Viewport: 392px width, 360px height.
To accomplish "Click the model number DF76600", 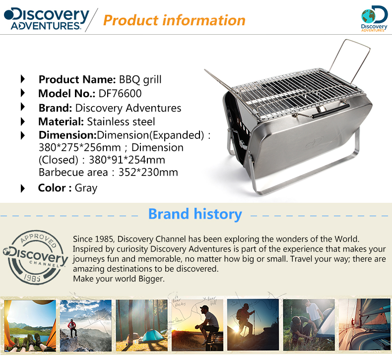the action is [x=120, y=94].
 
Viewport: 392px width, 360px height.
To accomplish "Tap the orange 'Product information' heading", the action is [x=174, y=20].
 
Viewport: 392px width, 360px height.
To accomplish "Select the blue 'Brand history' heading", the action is [x=195, y=214].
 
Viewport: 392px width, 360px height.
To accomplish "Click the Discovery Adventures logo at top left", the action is [x=47, y=19].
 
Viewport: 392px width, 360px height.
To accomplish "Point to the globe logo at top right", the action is [x=374, y=19].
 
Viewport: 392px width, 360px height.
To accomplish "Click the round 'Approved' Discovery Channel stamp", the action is [x=35, y=257].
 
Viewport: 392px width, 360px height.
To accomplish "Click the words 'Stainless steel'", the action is [x=121, y=122].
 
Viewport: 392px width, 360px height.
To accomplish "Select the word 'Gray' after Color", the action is [x=86, y=188].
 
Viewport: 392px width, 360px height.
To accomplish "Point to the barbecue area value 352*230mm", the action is [x=148, y=173].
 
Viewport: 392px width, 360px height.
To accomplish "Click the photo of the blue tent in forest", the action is [x=142, y=325].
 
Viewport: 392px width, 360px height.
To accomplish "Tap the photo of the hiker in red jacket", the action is [x=86, y=325].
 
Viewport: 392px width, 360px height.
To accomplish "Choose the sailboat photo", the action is [x=365, y=324].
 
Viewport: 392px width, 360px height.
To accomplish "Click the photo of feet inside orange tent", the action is [x=30, y=326].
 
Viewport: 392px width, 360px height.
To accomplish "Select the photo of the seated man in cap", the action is [x=197, y=325].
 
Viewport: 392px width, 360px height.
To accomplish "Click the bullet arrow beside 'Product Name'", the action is [x=23, y=79].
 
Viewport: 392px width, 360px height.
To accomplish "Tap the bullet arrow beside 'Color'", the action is [x=23, y=188].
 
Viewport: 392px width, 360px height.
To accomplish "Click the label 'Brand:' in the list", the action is [x=55, y=108].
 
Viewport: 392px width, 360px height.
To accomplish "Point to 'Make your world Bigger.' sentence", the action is [x=119, y=279].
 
